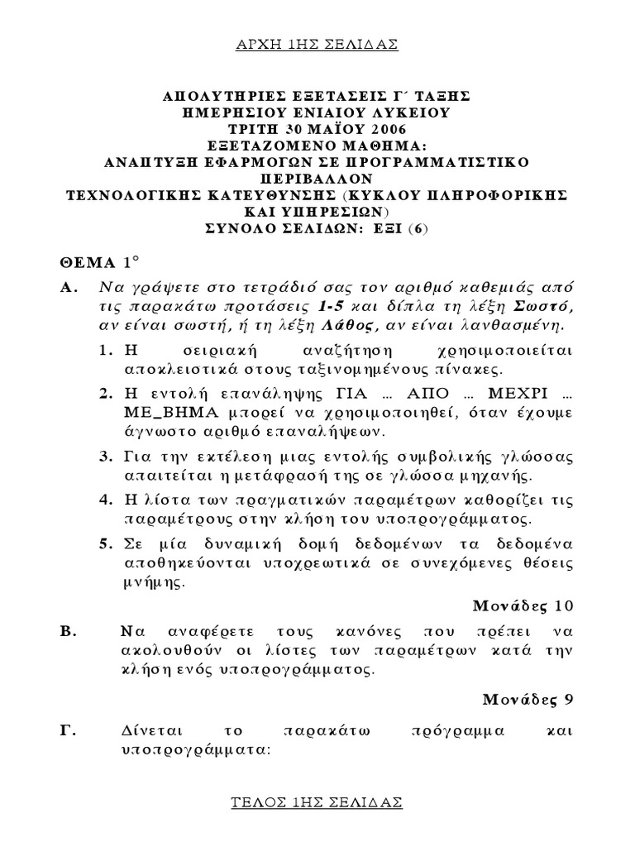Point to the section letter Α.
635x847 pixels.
[x=69, y=287]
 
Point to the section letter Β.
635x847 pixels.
[x=69, y=631]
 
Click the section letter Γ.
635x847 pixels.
[x=68, y=732]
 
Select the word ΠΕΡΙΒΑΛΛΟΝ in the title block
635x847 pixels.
[x=317, y=178]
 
